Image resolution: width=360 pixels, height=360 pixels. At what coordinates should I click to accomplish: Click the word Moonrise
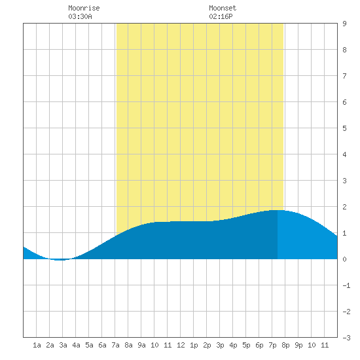click(x=84, y=8)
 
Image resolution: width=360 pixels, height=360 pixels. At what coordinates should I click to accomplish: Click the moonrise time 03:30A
click(x=80, y=16)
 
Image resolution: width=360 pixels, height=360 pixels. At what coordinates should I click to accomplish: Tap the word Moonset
click(x=223, y=8)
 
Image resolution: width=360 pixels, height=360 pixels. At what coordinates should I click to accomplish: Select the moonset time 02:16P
click(x=221, y=16)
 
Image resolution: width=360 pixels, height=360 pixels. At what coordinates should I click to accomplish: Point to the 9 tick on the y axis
click(x=344, y=24)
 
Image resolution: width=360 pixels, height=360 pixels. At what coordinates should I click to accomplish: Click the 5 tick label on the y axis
click(x=344, y=128)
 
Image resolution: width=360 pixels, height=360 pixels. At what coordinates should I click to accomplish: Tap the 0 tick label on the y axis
click(x=344, y=259)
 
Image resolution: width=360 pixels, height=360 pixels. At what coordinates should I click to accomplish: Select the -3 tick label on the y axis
click(x=346, y=338)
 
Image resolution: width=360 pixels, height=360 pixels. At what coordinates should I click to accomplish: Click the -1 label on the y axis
click(x=346, y=285)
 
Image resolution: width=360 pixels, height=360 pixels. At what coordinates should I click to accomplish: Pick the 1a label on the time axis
click(x=37, y=345)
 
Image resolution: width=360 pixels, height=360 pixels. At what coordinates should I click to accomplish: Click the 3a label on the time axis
click(x=63, y=345)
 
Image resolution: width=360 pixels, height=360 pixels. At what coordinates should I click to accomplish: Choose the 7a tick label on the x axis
click(x=115, y=345)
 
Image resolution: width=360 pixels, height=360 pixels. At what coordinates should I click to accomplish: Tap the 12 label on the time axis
click(x=181, y=345)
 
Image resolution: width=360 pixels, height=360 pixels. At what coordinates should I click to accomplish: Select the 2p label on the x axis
click(x=207, y=345)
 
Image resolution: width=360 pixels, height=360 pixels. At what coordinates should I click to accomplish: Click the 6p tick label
click(x=259, y=345)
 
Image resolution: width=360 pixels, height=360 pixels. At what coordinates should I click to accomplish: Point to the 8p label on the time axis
click(x=285, y=345)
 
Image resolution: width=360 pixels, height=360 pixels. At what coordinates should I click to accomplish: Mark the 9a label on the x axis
click(x=141, y=345)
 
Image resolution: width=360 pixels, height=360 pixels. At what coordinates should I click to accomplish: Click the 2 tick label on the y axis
click(x=344, y=207)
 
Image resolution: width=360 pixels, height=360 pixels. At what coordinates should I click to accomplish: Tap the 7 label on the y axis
click(x=344, y=76)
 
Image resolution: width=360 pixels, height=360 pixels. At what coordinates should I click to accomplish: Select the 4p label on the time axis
click(x=233, y=345)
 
